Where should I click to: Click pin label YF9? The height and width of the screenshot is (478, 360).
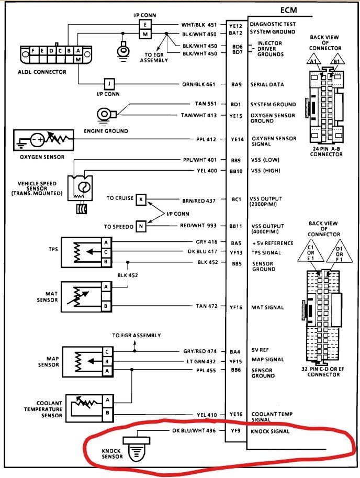coord(235,431)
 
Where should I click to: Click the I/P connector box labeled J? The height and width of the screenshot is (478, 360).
coord(109,84)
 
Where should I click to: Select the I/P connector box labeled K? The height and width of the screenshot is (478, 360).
coord(140,199)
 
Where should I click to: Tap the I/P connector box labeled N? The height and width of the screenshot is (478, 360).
coord(140,226)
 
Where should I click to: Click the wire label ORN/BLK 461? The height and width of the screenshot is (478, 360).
coord(198,84)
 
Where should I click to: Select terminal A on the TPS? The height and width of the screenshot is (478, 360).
coord(106,243)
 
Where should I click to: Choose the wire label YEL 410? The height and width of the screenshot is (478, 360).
coord(207,415)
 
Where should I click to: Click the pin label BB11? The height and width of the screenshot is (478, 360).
coord(235,226)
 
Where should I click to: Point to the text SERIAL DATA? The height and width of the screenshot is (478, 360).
coord(267,84)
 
